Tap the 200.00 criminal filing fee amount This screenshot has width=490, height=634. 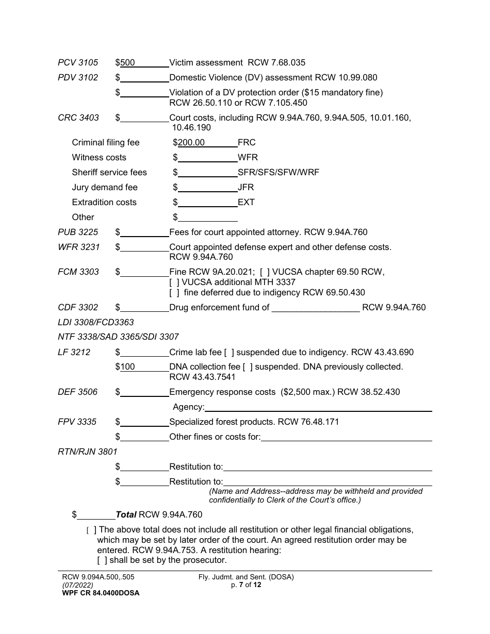[191, 143]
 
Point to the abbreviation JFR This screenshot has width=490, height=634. [246, 188]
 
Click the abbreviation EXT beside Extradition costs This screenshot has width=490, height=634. [247, 203]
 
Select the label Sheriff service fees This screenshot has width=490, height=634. [109, 173]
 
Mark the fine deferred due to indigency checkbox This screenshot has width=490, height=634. [174, 293]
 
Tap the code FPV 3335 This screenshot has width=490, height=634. [77, 422]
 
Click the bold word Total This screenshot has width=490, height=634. [126, 515]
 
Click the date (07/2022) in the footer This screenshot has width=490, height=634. [77, 585]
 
